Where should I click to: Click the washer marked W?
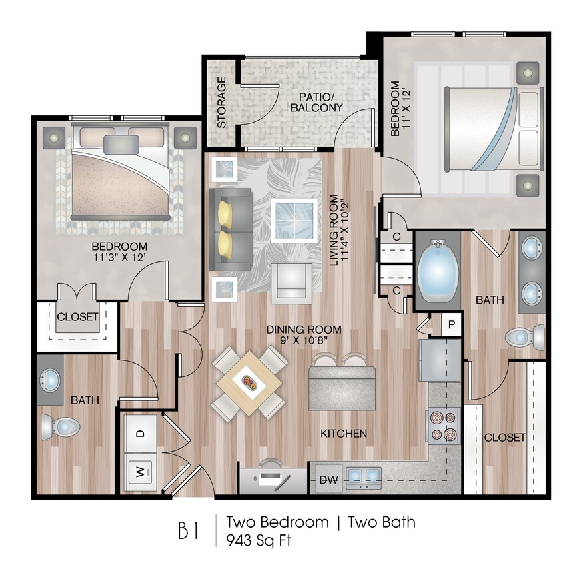[x=141, y=471]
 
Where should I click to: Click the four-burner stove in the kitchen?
[x=444, y=426]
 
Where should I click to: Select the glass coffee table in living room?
[x=294, y=220]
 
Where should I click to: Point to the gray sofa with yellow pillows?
[x=230, y=229]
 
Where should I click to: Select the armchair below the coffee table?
[x=291, y=281]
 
